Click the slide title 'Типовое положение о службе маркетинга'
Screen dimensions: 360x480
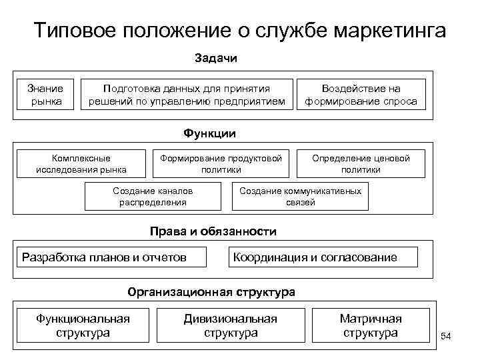pyautogui.click(x=239, y=31)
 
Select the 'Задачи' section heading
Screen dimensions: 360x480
pyautogui.click(x=216, y=58)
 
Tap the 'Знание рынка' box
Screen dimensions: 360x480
pyautogui.click(x=46, y=95)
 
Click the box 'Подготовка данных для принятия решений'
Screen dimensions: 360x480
pyautogui.click(x=187, y=95)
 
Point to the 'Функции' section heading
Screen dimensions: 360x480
pyautogui.click(x=210, y=133)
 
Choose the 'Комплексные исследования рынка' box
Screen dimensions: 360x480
pyautogui.click(x=81, y=164)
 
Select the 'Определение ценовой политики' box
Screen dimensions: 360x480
pyautogui.click(x=370, y=164)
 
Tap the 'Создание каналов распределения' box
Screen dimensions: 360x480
pyautogui.click(x=153, y=196)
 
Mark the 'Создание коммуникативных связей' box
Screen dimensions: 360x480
pyautogui.click(x=300, y=196)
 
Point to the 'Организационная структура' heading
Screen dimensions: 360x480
pyautogui.click(x=211, y=292)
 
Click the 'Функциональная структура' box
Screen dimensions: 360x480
pyautogui.click(x=83, y=325)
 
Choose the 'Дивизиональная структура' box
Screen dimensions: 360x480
pyautogui.click(x=231, y=325)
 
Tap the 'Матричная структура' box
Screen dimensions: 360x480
pyautogui.click(x=371, y=325)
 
